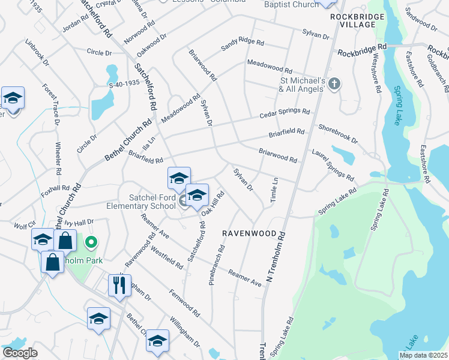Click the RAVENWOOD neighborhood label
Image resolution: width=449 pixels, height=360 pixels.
click(249, 233)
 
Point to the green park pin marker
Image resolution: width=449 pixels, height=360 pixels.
click(91, 242)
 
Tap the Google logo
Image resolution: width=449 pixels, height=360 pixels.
click(20, 353)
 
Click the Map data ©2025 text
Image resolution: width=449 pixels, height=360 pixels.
click(424, 355)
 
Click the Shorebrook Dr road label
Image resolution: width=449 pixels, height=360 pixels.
click(339, 133)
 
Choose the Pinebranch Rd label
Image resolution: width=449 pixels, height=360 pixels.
click(215, 265)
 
